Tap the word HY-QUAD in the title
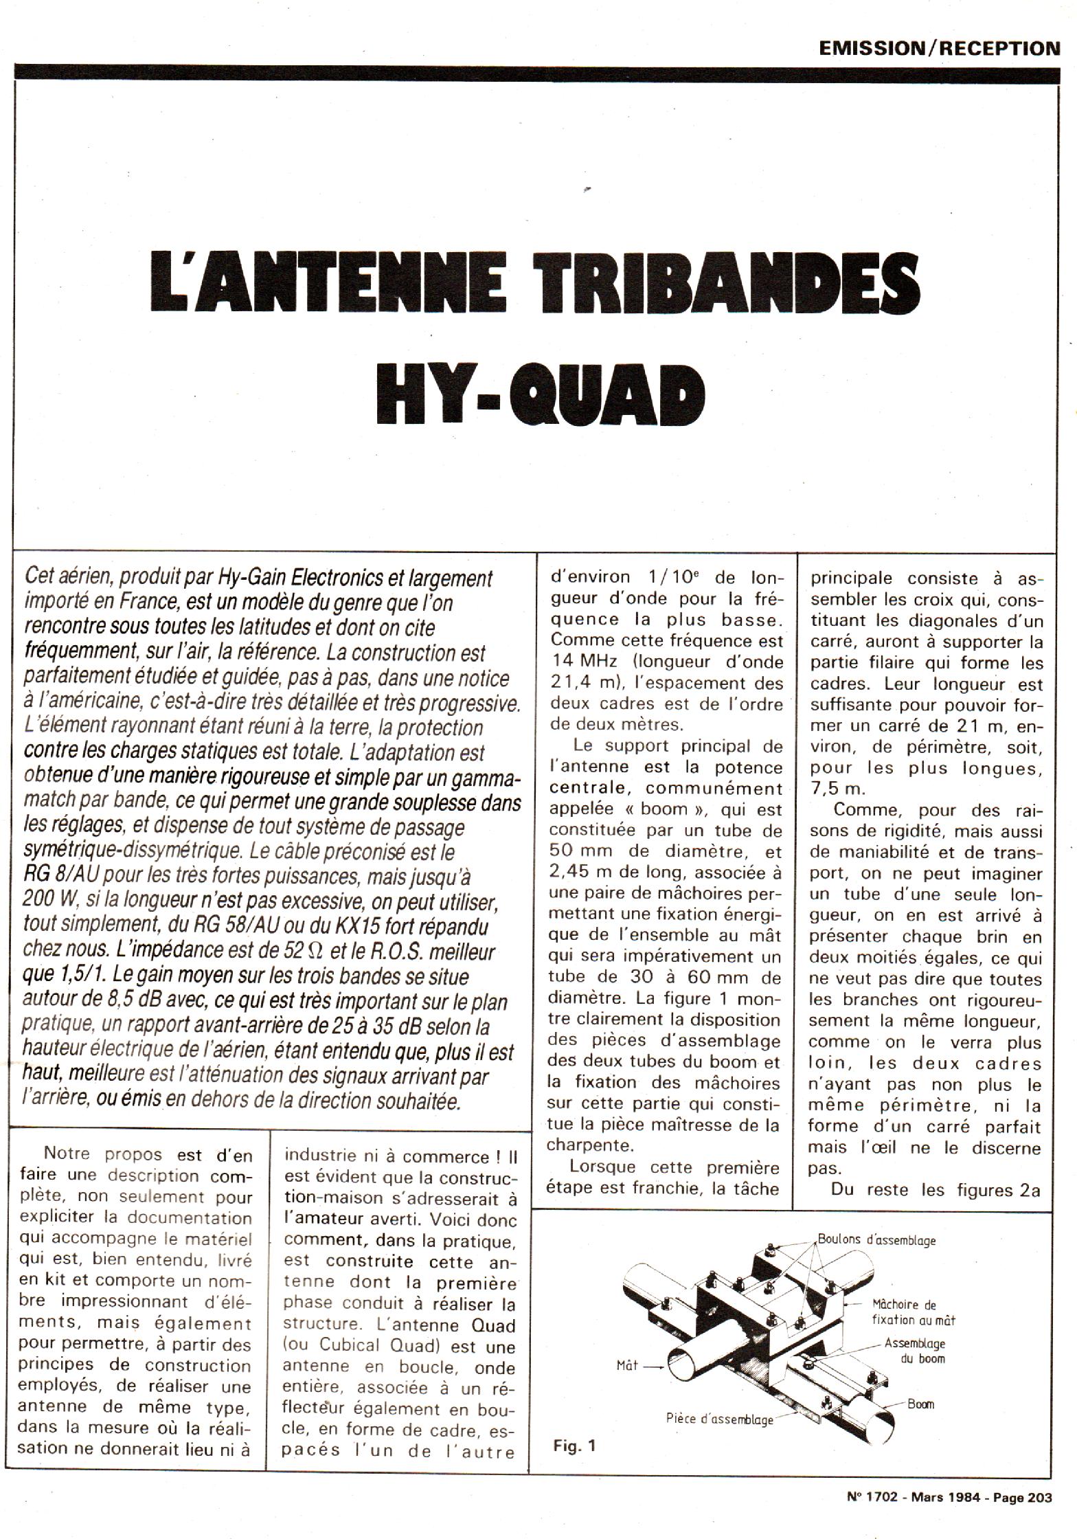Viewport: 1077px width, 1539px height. [540, 398]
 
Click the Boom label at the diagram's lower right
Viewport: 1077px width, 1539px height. [920, 1404]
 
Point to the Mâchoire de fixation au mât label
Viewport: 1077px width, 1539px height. [914, 1312]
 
